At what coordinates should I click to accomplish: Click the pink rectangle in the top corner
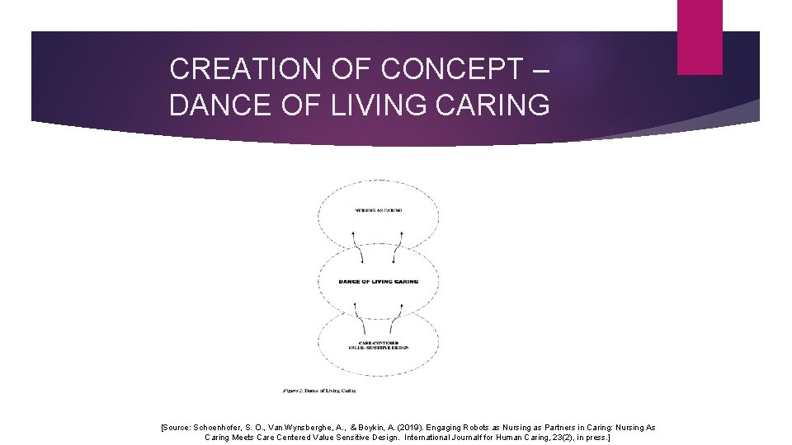pyautogui.click(x=699, y=37)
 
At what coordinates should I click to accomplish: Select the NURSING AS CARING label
pyautogui.click(x=379, y=211)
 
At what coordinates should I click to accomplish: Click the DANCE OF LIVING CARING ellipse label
pyautogui.click(x=379, y=281)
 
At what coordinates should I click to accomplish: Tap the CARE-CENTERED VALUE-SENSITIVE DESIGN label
pyautogui.click(x=379, y=344)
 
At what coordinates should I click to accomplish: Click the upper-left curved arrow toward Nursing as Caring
pyautogui.click(x=356, y=246)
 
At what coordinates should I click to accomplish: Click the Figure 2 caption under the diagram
pyautogui.click(x=318, y=390)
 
